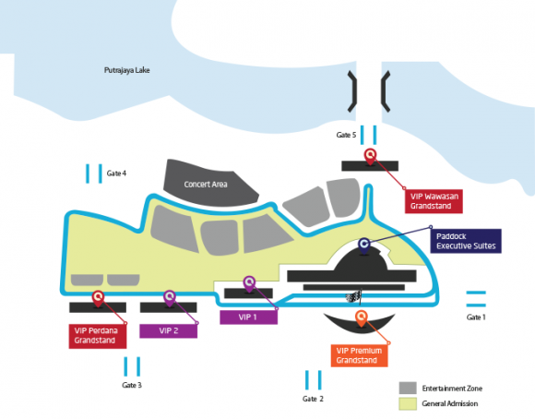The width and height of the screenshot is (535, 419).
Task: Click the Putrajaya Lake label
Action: [x=127, y=70]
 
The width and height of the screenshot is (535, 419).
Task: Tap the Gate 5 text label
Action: [x=346, y=135]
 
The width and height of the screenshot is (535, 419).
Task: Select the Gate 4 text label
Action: [x=116, y=174]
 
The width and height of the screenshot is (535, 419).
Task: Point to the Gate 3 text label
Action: [x=132, y=385]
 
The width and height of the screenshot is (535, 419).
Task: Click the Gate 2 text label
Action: [x=313, y=399]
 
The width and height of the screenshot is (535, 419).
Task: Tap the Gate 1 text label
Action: [x=476, y=317]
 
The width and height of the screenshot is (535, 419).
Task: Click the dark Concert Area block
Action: [x=209, y=184]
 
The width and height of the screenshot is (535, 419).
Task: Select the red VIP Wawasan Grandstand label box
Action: [x=434, y=201]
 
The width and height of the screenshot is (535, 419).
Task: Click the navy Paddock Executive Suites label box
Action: [x=466, y=241]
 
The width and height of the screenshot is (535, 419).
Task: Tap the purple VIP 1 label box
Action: [x=248, y=317]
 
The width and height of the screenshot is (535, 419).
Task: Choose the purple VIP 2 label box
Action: [x=168, y=331]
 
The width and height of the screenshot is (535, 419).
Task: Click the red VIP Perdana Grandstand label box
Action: [x=98, y=336]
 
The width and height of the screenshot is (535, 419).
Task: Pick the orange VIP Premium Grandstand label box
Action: [x=360, y=355]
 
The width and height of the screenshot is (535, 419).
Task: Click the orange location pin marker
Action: [x=361, y=317]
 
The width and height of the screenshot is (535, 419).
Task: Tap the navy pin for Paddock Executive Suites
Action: [x=364, y=245]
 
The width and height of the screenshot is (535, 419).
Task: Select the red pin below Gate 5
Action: [x=370, y=156]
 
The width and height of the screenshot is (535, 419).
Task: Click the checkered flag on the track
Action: [x=354, y=297]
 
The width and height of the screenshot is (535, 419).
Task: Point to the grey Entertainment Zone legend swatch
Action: [x=408, y=389]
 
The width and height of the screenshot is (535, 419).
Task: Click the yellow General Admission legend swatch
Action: [x=408, y=403]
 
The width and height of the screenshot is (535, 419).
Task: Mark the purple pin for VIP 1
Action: [x=249, y=283]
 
